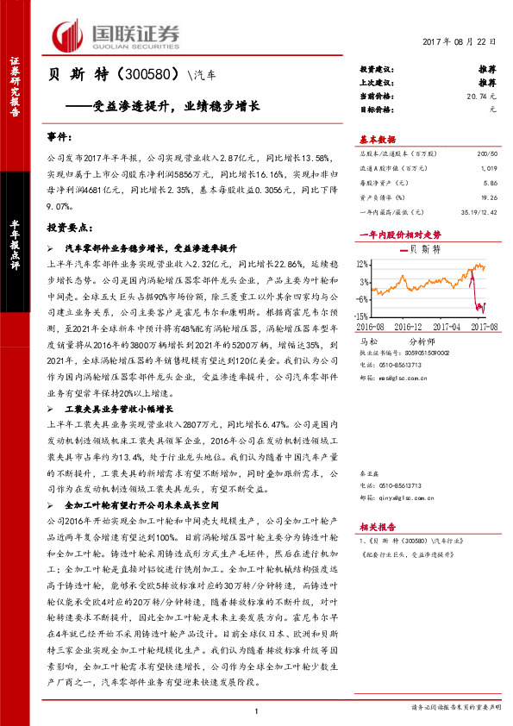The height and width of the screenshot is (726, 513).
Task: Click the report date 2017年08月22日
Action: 460,42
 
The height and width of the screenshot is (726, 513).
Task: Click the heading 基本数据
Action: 378,139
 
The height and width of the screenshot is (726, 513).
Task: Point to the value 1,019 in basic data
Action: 490,168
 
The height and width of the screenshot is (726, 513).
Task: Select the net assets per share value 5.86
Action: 491,184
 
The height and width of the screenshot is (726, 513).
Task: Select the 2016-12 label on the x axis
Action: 410,328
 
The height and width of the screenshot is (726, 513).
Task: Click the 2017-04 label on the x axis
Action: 452,328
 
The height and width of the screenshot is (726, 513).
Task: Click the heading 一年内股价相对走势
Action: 399,234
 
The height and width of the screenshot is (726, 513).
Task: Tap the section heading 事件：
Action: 60,138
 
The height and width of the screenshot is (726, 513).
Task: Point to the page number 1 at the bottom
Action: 257,710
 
